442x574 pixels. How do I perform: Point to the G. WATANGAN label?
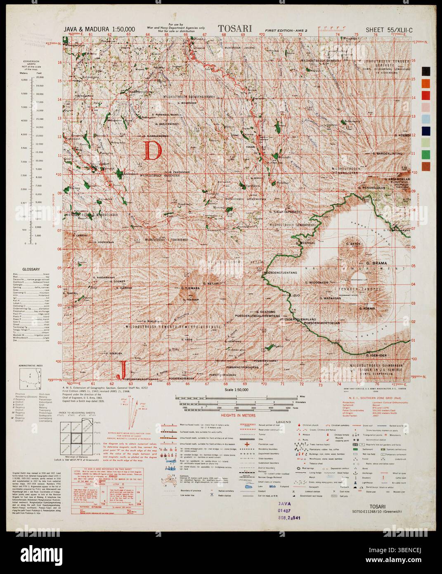[x=330, y=298]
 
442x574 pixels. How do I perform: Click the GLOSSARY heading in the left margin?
[x=31, y=269]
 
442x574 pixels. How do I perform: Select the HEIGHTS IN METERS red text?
[x=238, y=415]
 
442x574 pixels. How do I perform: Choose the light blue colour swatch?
[x=425, y=119]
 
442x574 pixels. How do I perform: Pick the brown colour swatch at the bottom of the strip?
[x=425, y=166]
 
